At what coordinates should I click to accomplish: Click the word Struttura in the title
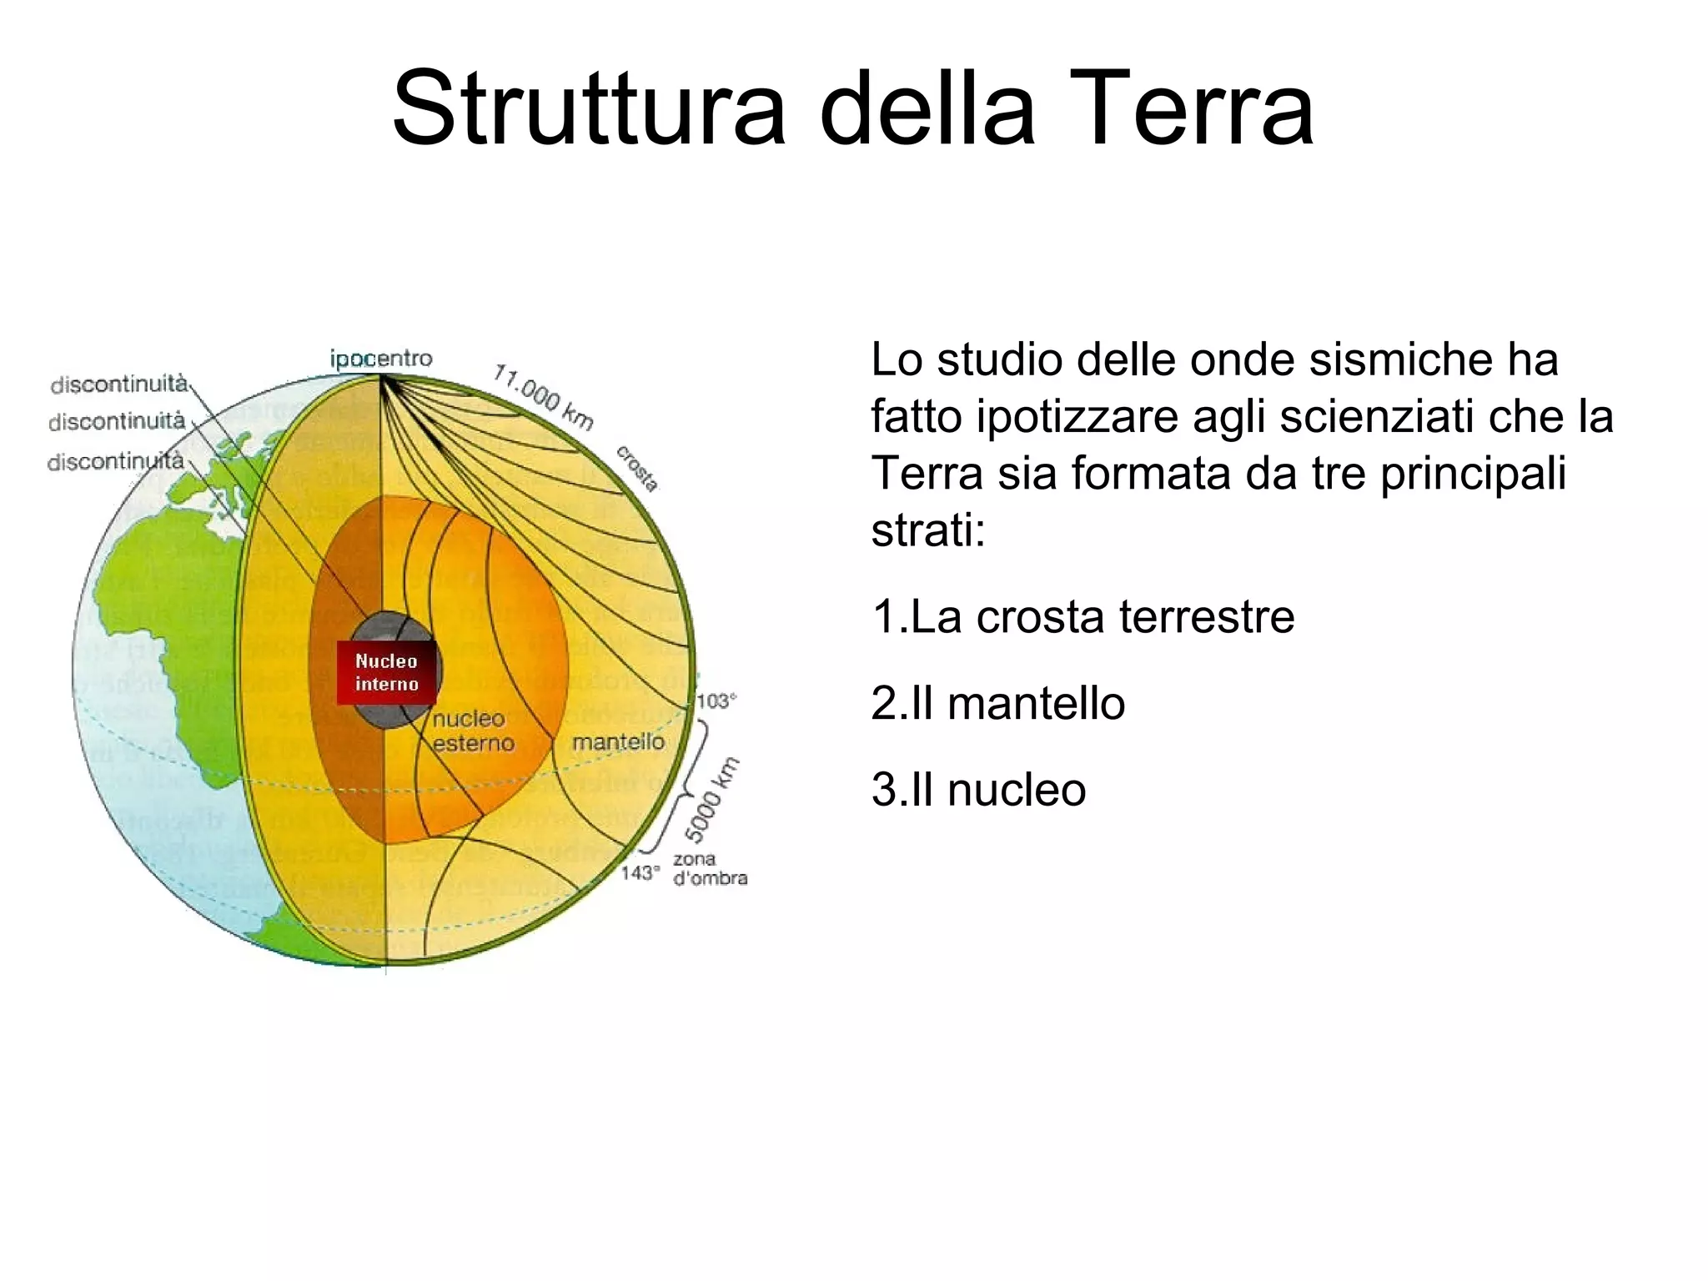[x=589, y=109]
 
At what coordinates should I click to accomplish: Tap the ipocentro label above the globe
[x=381, y=359]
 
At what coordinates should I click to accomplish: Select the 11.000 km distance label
[x=543, y=396]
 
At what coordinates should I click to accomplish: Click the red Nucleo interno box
[x=386, y=672]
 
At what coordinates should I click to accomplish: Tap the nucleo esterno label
[x=472, y=731]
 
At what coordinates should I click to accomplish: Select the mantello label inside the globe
[x=618, y=741]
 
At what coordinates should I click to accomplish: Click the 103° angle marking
[x=716, y=701]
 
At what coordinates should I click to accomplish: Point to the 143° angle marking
[x=640, y=872]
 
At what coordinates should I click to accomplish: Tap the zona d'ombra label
[x=709, y=868]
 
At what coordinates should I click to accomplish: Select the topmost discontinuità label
[x=118, y=384]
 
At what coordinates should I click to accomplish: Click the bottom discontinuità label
[x=115, y=461]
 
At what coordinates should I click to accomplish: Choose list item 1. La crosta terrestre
[x=1083, y=617]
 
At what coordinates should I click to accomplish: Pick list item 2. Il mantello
[x=997, y=703]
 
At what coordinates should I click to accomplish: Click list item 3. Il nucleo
[x=978, y=789]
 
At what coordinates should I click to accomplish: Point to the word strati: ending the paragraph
[x=928, y=530]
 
